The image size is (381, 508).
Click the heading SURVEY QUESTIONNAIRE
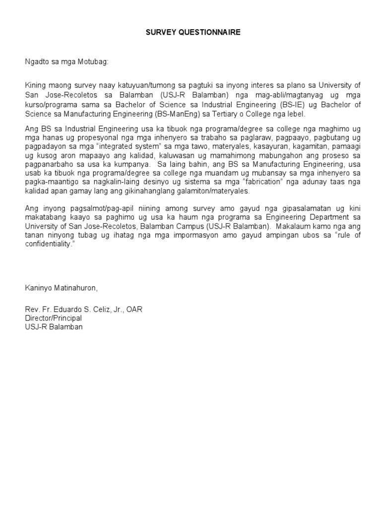193,32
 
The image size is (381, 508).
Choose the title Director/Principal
54,318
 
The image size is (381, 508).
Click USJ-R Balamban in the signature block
54,327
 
